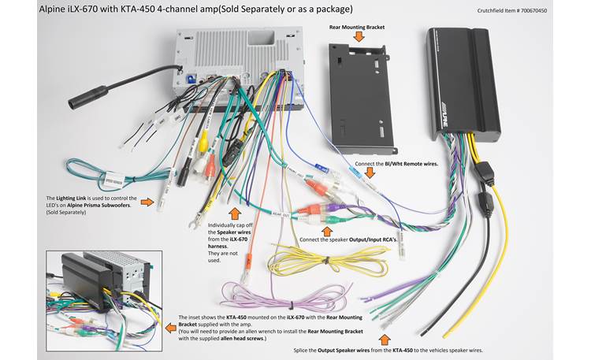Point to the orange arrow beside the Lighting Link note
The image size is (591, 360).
click(x=147, y=202)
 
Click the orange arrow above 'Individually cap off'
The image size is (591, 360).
click(x=232, y=213)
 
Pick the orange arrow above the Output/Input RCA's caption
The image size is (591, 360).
click(x=328, y=231)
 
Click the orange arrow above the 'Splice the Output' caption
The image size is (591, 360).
click(x=385, y=340)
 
